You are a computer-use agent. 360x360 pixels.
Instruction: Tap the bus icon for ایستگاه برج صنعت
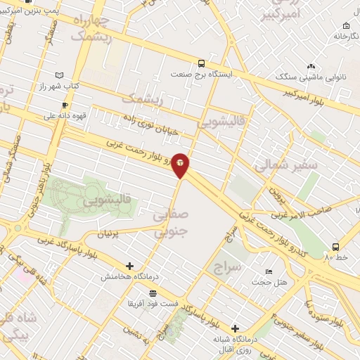(202, 63)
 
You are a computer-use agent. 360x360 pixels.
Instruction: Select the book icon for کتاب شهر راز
(59, 75)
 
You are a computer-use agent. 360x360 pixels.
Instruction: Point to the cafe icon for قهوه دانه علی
(65, 105)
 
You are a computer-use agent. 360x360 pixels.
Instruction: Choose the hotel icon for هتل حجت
(268, 272)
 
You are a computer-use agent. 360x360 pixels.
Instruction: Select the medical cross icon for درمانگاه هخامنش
(129, 266)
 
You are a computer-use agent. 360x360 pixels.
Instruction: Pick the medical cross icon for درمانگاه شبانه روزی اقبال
(235, 328)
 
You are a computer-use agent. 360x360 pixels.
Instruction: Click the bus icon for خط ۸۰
(335, 247)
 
